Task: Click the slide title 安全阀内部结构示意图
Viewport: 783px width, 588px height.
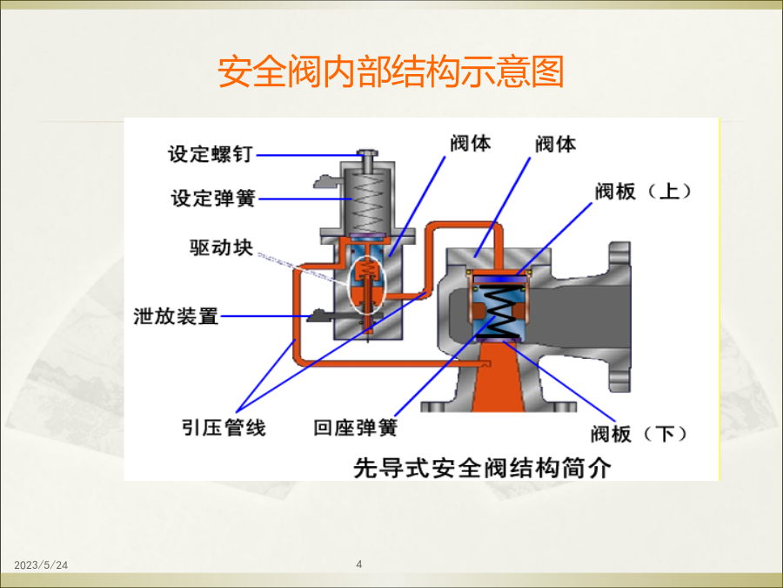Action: (x=391, y=71)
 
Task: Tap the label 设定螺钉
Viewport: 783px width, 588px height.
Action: (x=211, y=154)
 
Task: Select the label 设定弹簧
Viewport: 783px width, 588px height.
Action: (x=213, y=198)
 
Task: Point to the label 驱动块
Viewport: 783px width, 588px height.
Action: (x=221, y=247)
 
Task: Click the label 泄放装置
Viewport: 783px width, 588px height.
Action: (x=176, y=316)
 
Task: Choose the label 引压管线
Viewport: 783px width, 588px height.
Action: (x=224, y=428)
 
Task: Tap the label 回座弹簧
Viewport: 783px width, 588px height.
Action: (x=356, y=428)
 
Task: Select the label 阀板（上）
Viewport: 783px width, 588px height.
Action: (x=644, y=191)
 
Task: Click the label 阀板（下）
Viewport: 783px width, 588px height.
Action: (x=639, y=434)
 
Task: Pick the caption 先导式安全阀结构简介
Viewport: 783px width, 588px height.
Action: (x=482, y=468)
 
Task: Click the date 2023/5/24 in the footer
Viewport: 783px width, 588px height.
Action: (x=41, y=565)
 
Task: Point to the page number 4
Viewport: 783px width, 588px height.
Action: (x=359, y=564)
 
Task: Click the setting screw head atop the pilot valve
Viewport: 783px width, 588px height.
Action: (x=367, y=153)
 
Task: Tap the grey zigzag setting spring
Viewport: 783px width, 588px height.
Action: (x=367, y=202)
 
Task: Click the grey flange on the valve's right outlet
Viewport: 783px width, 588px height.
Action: (x=619, y=317)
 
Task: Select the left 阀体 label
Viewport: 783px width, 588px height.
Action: (x=471, y=143)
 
